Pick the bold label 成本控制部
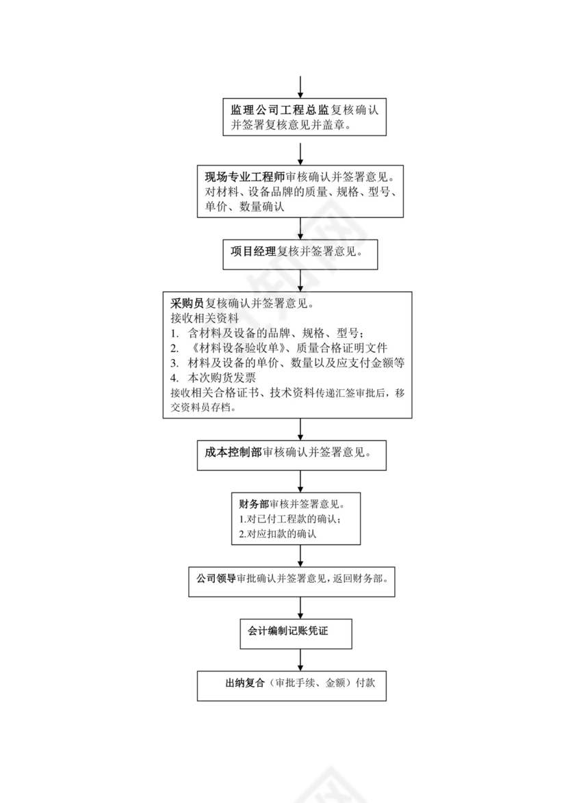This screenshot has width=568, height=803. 233,453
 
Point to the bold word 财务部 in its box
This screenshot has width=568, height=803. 254,505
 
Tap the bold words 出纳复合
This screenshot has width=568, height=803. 244,683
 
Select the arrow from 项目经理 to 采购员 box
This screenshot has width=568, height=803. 300,279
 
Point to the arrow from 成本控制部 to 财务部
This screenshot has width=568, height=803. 300,482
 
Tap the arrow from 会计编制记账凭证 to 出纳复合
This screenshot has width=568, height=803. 300,659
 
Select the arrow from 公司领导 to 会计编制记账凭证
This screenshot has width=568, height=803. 300,607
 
